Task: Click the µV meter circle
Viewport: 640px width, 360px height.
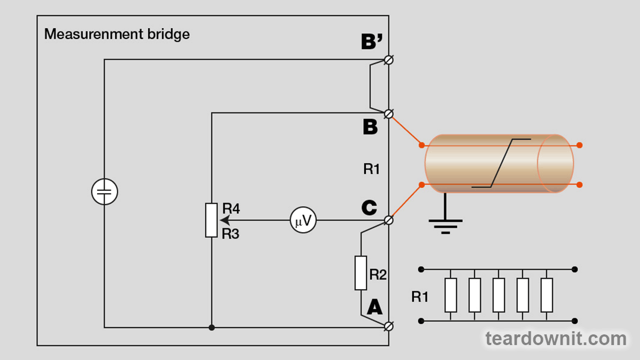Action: (303, 220)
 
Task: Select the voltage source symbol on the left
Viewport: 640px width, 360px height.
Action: (104, 192)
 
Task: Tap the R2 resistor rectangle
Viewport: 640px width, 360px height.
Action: (361, 273)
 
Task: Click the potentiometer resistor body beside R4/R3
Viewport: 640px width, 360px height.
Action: (212, 220)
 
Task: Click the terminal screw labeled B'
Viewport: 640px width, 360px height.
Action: (389, 60)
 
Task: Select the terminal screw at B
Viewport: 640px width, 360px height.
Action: (389, 113)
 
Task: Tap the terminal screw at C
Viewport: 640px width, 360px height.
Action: (389, 220)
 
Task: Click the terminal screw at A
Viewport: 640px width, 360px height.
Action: (389, 326)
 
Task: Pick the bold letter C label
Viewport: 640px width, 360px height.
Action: (369, 208)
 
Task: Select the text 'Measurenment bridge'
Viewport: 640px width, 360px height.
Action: (117, 35)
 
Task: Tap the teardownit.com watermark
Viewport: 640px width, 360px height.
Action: (556, 338)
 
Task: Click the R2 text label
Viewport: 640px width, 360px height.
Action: (378, 275)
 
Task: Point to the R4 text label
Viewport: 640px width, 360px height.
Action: (231, 209)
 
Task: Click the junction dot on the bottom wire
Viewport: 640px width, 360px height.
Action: (212, 327)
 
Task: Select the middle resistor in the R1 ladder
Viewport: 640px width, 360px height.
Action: (499, 295)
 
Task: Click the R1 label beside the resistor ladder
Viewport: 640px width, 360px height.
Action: (420, 297)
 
